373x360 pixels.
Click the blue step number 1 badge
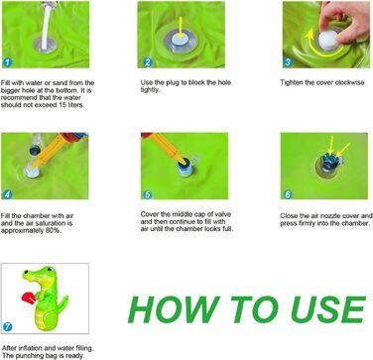7,62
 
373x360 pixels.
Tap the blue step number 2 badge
148,62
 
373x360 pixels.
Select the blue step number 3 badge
288,62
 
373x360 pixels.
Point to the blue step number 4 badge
7,194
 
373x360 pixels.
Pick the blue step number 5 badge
147,194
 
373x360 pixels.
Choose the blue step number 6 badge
288,194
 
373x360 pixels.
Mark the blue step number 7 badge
7,327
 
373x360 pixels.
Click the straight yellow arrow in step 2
181,29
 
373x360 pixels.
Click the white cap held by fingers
328,40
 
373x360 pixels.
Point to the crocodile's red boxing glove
29,299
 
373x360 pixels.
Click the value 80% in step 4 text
53,231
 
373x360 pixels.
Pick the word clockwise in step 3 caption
349,82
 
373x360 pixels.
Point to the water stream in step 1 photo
47,24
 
